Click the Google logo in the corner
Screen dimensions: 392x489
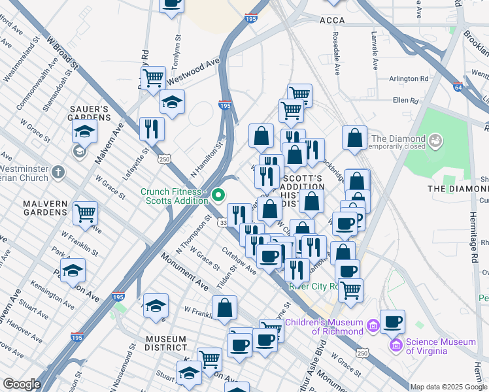pyautogui.click(x=22, y=384)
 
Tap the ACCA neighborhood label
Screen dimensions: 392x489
pyautogui.click(x=332, y=21)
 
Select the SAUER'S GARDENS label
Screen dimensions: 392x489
pyautogui.click(x=88, y=113)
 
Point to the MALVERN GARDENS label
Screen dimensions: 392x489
pyautogui.click(x=37, y=208)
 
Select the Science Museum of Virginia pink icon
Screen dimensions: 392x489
pyautogui.click(x=395, y=344)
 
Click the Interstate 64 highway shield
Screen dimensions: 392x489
pyautogui.click(x=458, y=86)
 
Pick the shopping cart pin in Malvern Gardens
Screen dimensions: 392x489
pyautogui.click(x=86, y=212)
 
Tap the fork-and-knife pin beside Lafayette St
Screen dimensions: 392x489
pyautogui.click(x=152, y=128)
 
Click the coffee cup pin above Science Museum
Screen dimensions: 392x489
pyautogui.click(x=392, y=321)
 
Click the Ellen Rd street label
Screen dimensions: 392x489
pyautogui.click(x=405, y=101)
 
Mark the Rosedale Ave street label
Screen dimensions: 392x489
pyautogui.click(x=337, y=54)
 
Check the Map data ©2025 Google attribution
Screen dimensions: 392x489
pyautogui.click(x=448, y=387)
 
